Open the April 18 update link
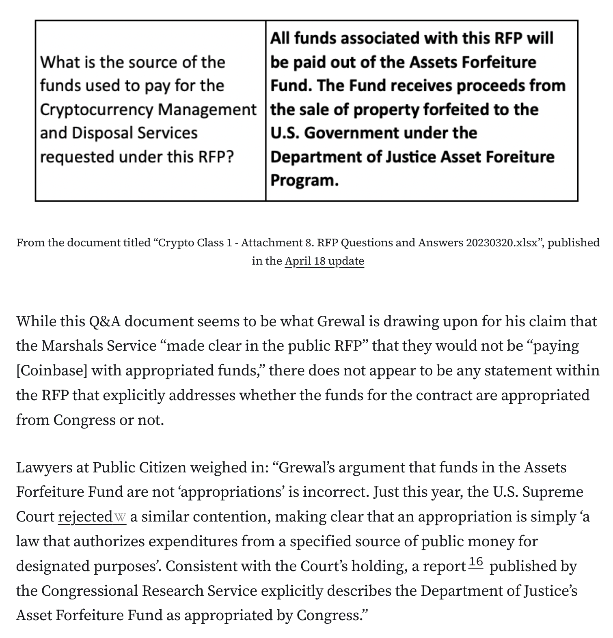[x=324, y=261]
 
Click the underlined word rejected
[x=85, y=517]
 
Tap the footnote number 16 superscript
[x=476, y=562]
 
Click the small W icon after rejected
[x=120, y=517]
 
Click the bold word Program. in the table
[x=304, y=180]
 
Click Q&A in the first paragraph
[x=105, y=321]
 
